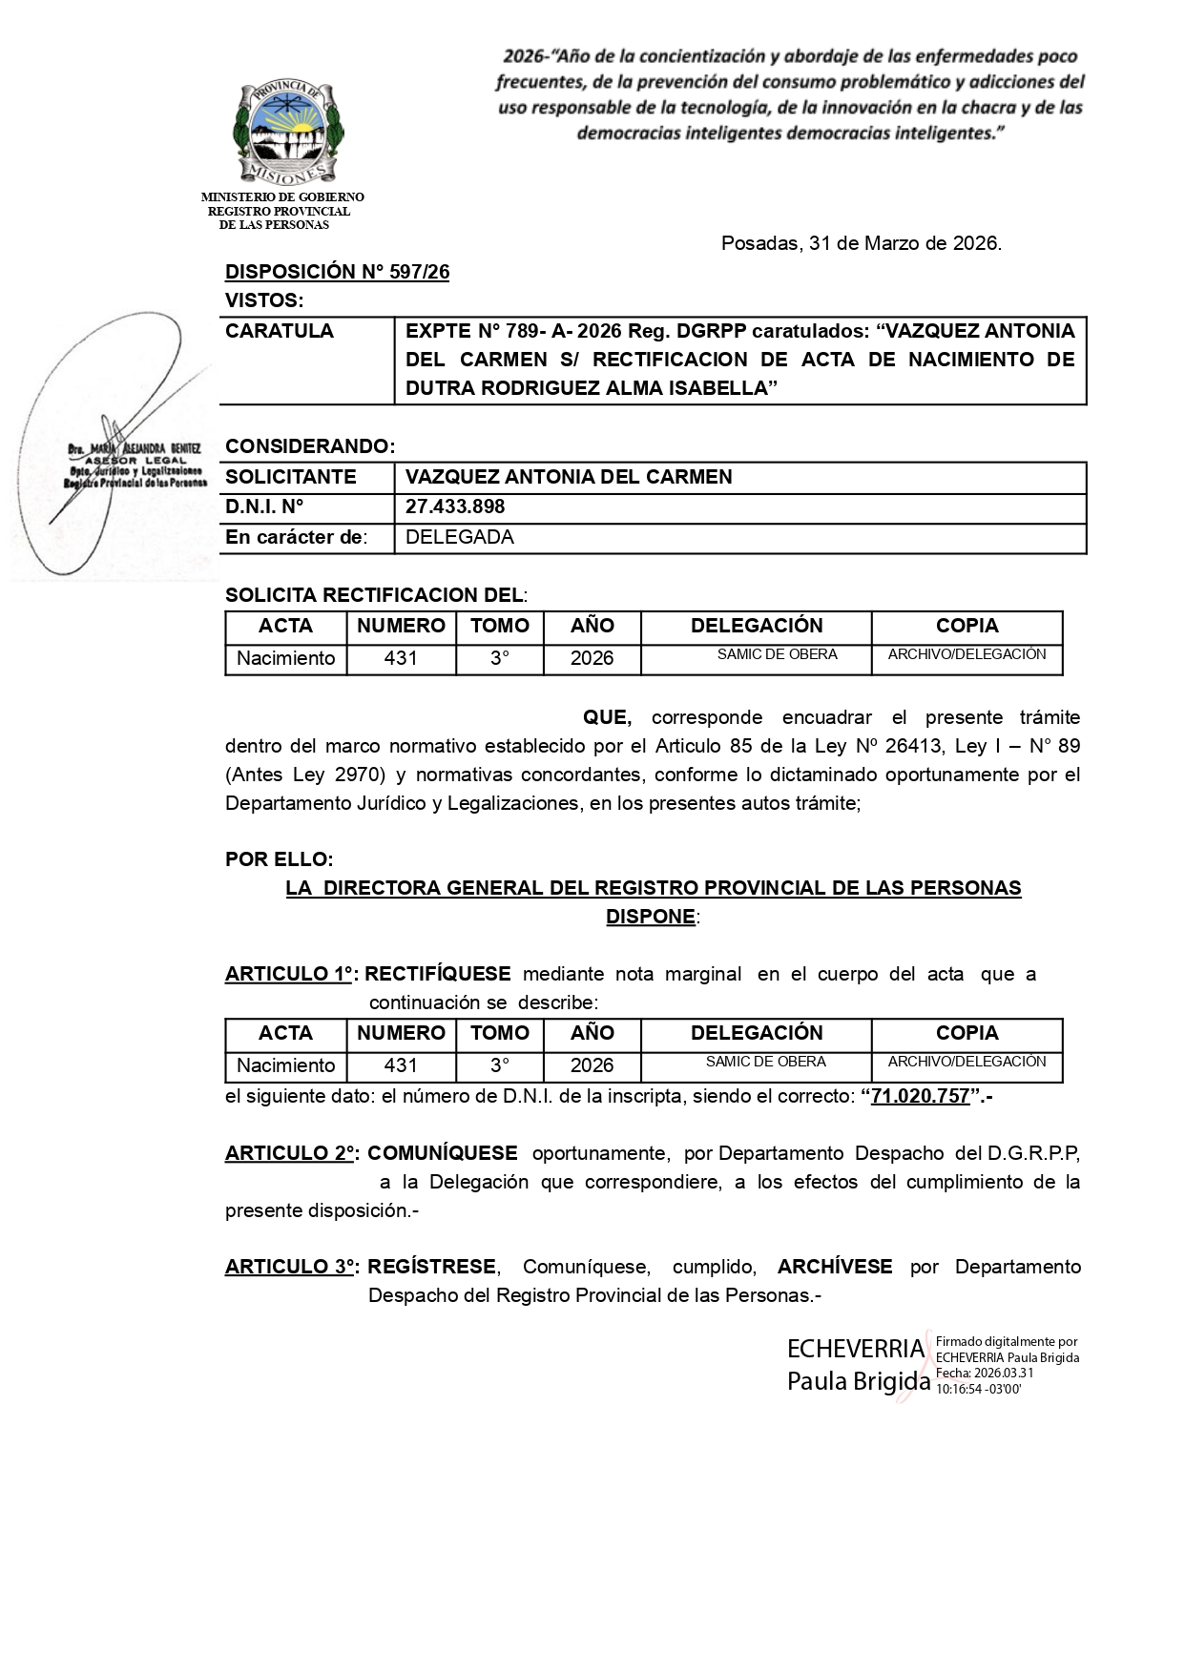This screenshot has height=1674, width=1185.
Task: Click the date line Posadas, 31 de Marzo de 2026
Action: pos(861,243)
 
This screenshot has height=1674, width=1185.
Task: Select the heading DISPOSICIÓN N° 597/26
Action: pos(337,272)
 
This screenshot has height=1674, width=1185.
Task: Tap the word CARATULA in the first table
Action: pos(280,331)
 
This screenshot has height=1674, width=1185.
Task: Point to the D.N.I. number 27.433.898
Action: pos(455,506)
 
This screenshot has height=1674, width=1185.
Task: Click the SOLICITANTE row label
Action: pos(290,477)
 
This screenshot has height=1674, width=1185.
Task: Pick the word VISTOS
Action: pos(263,300)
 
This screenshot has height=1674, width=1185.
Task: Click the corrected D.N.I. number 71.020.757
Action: pos(921,1096)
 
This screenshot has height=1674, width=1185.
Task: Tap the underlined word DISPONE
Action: pos(650,917)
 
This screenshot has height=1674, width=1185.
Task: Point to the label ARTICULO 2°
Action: pos(290,1153)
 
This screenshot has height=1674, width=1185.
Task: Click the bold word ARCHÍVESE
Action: pos(835,1267)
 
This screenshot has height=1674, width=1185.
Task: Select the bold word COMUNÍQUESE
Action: pos(443,1153)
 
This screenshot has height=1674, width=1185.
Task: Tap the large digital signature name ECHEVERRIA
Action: pos(855,1350)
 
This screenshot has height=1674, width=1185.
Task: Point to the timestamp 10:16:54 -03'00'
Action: pos(978,1390)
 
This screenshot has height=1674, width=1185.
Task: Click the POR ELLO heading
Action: pos(279,859)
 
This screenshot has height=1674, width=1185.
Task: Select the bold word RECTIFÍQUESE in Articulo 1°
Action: pos(438,974)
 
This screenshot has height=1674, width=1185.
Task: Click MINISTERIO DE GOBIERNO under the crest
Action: pos(282,197)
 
